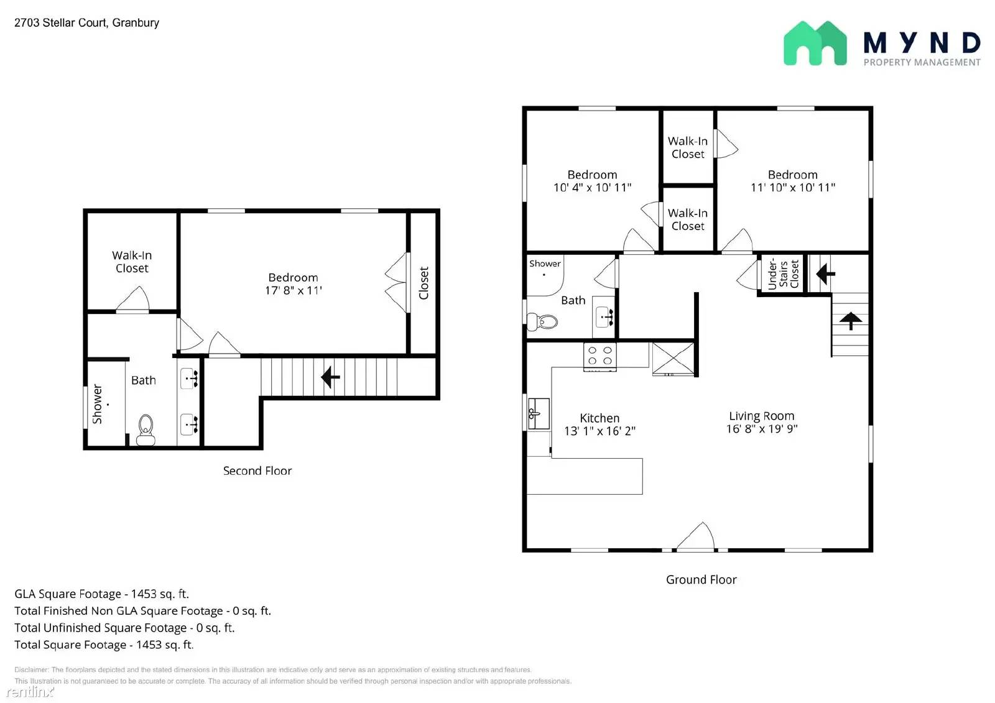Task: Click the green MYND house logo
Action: [815, 43]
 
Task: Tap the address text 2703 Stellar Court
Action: [60, 22]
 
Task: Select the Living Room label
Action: [761, 416]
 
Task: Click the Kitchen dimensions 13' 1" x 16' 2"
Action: [599, 431]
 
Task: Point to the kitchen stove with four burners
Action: [599, 357]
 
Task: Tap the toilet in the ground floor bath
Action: [542, 321]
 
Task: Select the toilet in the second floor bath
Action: [146, 430]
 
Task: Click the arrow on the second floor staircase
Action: [330, 377]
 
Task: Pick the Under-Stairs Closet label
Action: [783, 274]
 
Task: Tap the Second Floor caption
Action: [257, 471]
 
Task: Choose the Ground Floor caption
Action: [701, 579]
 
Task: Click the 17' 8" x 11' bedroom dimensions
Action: [293, 290]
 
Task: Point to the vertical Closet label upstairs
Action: [423, 283]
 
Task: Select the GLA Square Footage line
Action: [102, 594]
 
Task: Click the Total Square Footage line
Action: [104, 645]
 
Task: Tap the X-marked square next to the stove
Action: [673, 359]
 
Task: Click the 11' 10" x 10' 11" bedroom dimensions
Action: [793, 188]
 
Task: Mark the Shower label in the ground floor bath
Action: [545, 264]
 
